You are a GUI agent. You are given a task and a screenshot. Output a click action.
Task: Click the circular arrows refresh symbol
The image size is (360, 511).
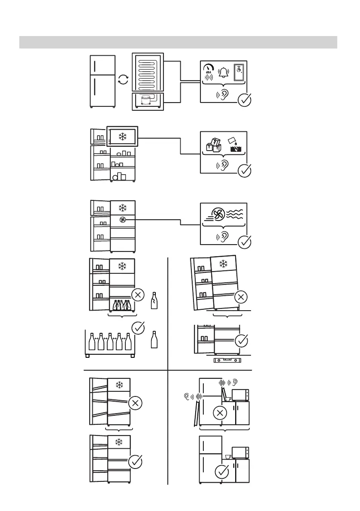click(x=123, y=80)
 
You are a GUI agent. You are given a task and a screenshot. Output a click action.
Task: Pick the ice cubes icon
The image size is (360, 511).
click(x=213, y=147)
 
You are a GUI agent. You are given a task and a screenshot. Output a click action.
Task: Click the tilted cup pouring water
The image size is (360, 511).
click(x=232, y=140)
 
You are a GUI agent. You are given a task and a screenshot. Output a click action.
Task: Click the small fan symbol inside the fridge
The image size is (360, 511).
click(x=123, y=220)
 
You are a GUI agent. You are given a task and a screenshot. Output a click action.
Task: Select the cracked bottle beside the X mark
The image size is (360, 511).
click(x=154, y=301)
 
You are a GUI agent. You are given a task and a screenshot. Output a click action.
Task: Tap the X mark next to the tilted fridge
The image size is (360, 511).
click(x=241, y=296)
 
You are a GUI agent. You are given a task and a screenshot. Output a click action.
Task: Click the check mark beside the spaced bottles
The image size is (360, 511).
click(x=137, y=328)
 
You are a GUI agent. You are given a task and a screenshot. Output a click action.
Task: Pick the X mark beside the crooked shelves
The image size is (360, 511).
click(x=135, y=403)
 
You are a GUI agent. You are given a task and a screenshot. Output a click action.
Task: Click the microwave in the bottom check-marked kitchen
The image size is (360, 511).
click(x=240, y=453)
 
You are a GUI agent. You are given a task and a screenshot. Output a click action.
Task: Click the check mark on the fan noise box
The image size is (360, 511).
click(x=244, y=242)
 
